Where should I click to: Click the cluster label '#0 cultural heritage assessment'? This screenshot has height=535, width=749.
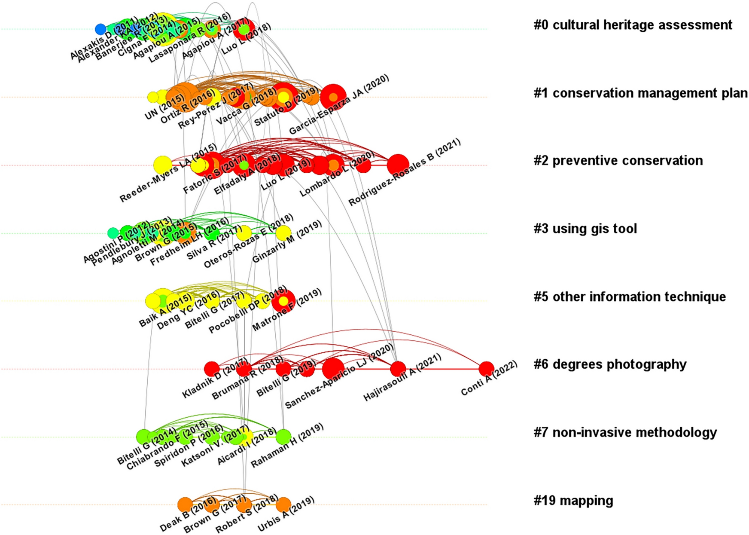point(633,25)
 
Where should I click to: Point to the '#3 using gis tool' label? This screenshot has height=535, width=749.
point(585,229)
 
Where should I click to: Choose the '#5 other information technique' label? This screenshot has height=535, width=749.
point(630,297)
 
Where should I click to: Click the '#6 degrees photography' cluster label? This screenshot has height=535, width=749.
point(610,364)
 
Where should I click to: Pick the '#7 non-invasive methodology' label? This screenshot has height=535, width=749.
point(625,432)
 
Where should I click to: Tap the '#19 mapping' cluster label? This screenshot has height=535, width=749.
point(573,501)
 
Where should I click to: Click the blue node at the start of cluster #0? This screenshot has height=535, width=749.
point(100,29)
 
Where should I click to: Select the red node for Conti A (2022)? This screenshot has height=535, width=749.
point(486,369)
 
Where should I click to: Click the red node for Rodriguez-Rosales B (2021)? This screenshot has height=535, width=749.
point(398,165)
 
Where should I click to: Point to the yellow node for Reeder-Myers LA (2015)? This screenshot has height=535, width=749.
point(163,165)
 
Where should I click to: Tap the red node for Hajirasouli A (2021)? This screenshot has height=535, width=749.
point(398,368)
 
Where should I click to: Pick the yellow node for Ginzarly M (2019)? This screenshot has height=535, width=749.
point(283,233)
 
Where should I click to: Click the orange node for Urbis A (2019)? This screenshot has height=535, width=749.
point(283,504)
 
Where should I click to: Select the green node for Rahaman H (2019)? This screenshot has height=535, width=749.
point(283,437)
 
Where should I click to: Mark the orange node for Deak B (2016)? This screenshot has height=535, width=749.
point(185,504)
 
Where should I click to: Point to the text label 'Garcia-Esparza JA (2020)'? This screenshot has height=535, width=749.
point(339,104)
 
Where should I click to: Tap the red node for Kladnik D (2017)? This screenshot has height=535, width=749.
point(212,369)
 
